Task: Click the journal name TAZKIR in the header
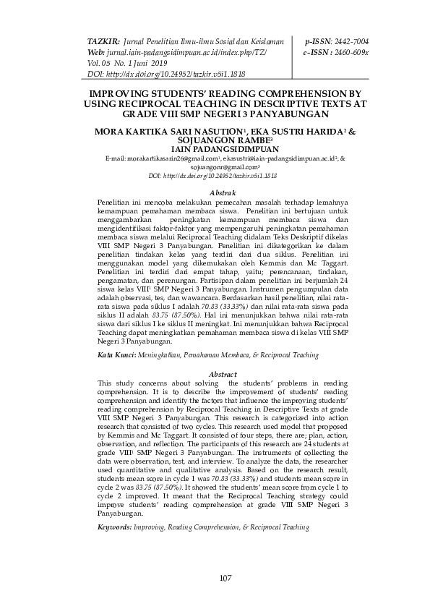tap(103, 43)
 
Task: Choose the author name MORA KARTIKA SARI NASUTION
tap(171, 132)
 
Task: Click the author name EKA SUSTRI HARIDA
tap(283, 132)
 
